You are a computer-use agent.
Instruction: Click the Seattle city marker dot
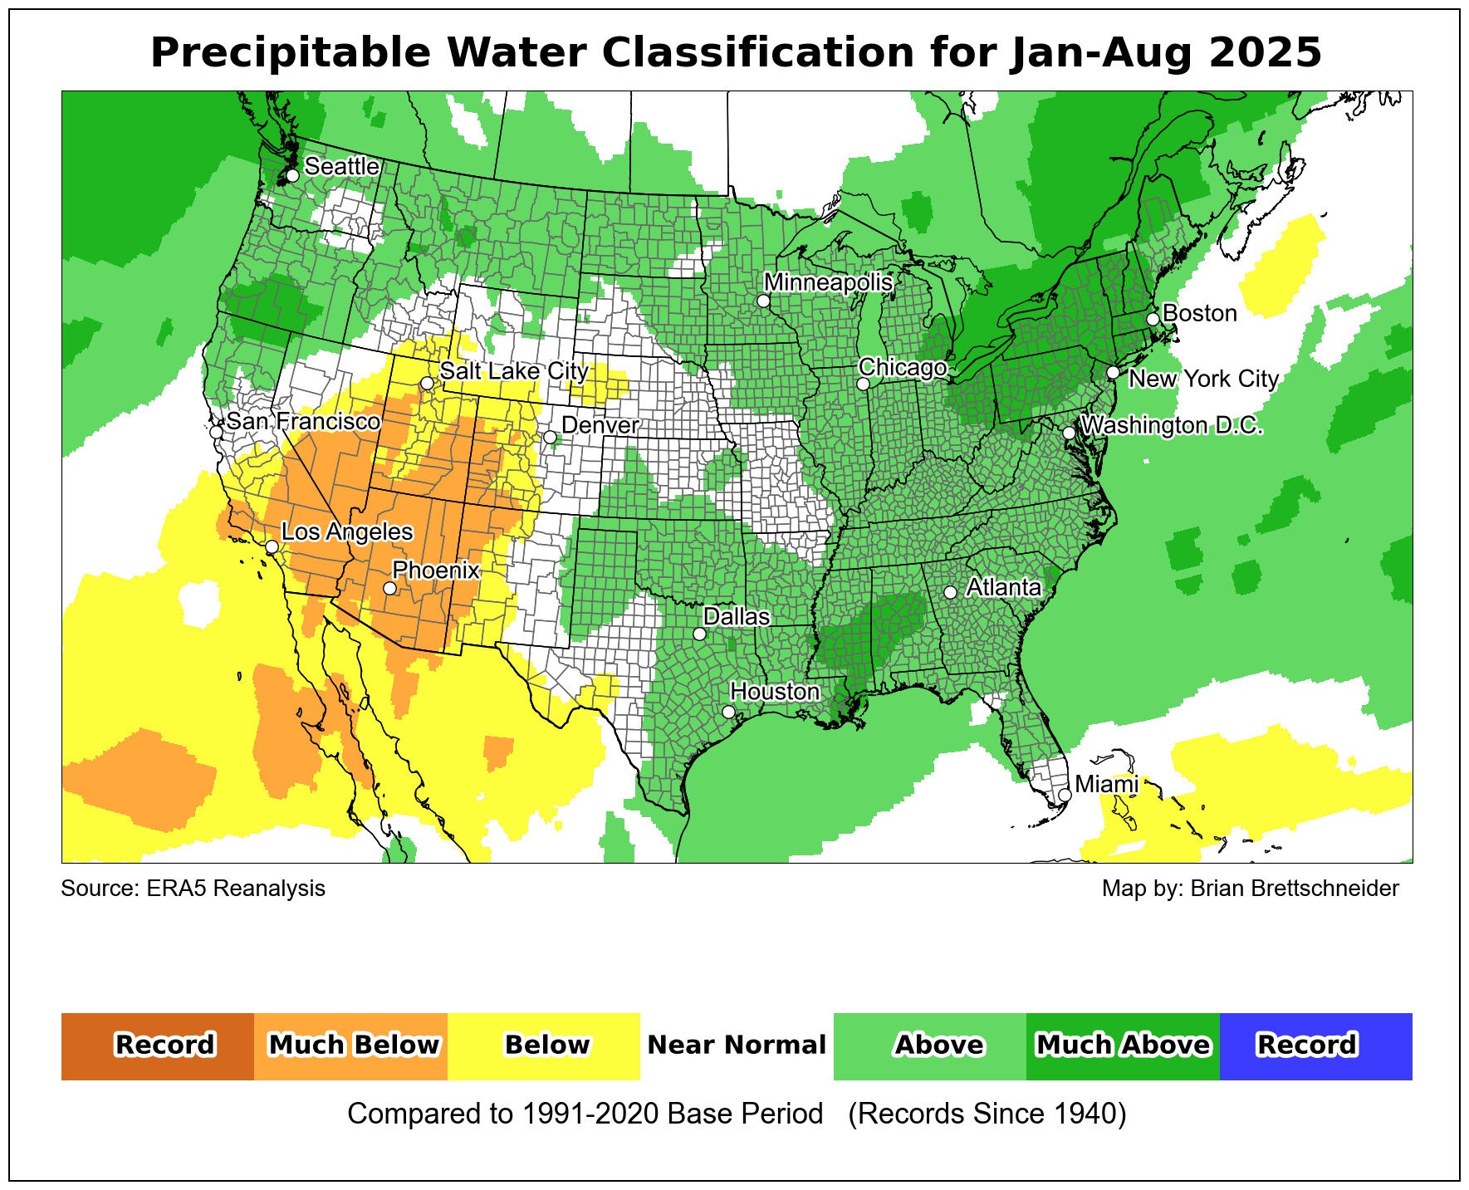(x=292, y=176)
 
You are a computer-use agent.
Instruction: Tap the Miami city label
(x=1106, y=784)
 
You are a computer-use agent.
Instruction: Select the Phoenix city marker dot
(x=389, y=588)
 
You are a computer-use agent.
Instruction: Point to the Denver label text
(x=600, y=425)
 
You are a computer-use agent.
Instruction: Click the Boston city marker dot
(x=1153, y=320)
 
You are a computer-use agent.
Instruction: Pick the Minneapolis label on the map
(x=828, y=282)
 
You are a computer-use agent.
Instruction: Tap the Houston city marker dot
(x=728, y=712)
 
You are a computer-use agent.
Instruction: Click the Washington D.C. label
(x=1172, y=425)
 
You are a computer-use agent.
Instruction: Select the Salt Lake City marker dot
(x=427, y=384)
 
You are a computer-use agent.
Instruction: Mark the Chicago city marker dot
(x=863, y=384)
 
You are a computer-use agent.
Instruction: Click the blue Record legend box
(x=1315, y=1046)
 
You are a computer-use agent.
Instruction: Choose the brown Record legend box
(x=158, y=1046)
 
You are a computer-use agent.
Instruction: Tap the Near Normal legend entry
(x=737, y=1046)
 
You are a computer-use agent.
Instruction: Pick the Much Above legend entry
(x=1123, y=1046)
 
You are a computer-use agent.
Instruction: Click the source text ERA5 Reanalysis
(x=236, y=889)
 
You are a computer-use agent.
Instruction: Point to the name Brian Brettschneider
(x=1294, y=889)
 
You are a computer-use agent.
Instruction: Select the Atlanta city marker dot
(x=951, y=592)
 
